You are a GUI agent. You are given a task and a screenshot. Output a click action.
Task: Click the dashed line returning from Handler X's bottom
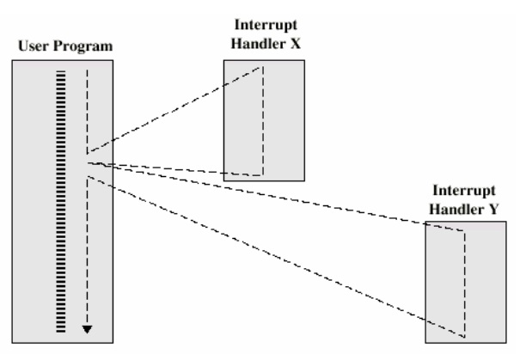(x=172, y=167)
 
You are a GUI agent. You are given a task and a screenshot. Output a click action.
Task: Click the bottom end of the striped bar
(x=60, y=330)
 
